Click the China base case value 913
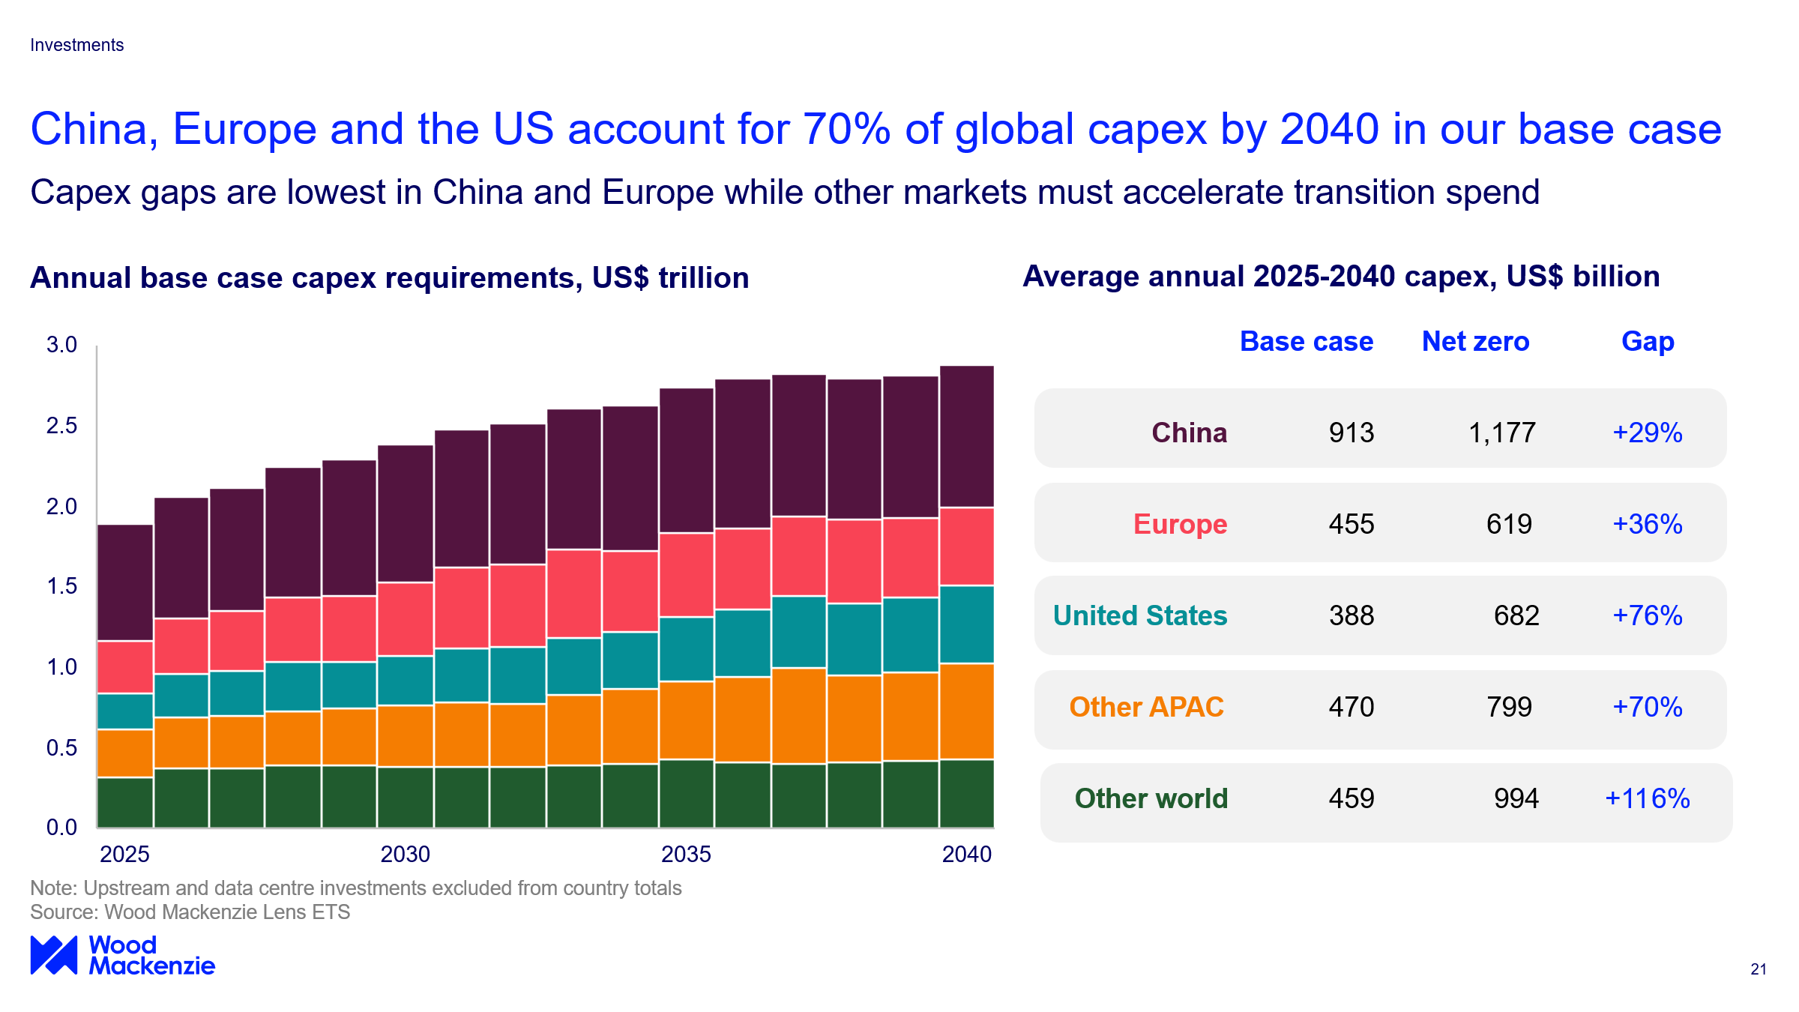click(1351, 433)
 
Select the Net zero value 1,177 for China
click(1501, 433)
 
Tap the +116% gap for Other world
click(1647, 798)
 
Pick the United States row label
click(1139, 615)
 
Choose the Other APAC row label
click(1146, 707)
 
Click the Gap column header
click(1647, 341)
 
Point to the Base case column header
click(1306, 341)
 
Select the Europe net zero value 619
click(1509, 524)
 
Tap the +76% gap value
click(1647, 615)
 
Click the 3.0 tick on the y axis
click(61, 345)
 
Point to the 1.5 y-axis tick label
click(61, 586)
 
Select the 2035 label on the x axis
click(686, 854)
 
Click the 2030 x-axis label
click(405, 854)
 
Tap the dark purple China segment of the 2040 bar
click(967, 436)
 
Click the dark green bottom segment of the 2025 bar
click(125, 802)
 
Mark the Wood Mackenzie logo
click(122, 955)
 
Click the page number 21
click(1759, 969)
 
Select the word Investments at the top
click(76, 45)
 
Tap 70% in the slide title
click(846, 129)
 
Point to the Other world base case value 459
click(1351, 798)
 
